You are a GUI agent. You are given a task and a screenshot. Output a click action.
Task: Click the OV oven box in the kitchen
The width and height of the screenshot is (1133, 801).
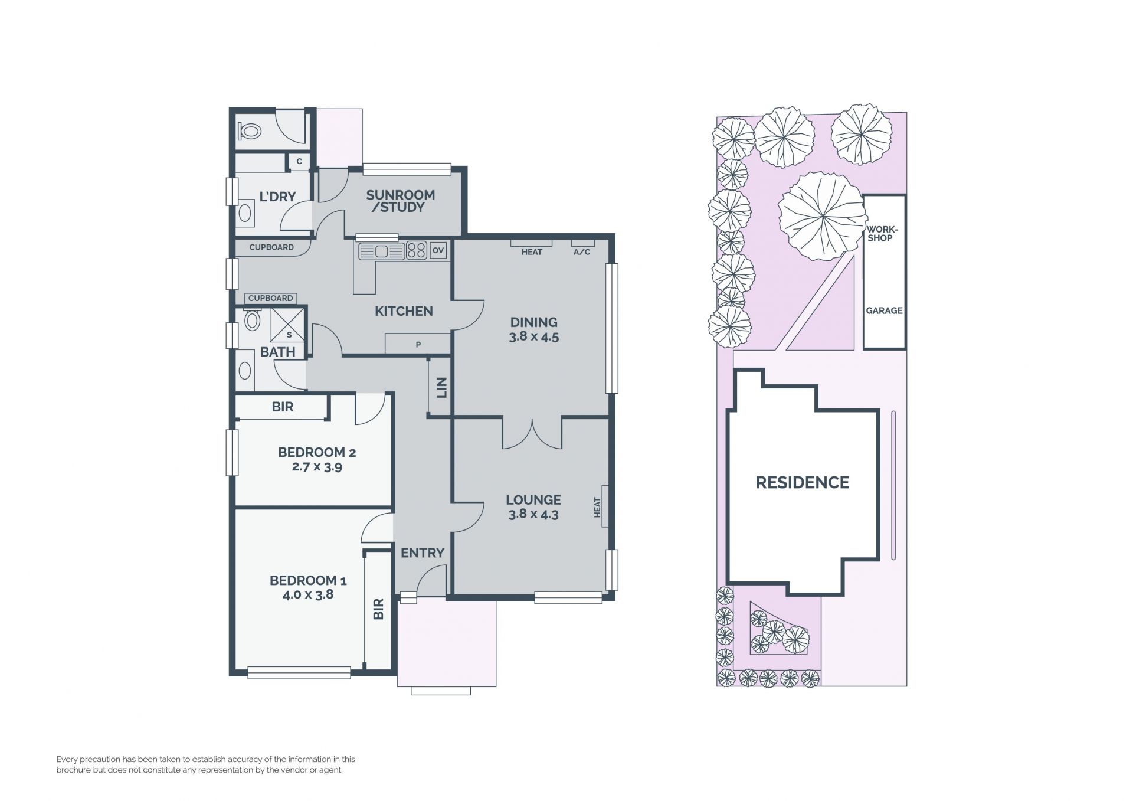438,250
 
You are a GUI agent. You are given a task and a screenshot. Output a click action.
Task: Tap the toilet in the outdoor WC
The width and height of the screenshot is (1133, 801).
250,130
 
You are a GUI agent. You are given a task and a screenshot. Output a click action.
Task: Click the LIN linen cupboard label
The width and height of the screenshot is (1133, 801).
441,387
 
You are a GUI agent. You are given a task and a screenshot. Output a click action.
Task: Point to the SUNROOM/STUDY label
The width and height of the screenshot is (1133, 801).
400,201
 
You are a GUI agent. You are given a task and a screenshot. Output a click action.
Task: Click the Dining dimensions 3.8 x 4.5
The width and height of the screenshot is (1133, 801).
533,337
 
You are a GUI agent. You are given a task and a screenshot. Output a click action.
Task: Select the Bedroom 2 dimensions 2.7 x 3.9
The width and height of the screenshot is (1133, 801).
317,467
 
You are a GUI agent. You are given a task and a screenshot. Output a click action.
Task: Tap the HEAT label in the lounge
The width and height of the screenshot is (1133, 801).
597,507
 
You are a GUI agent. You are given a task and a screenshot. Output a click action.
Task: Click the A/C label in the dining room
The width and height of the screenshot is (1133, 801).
582,252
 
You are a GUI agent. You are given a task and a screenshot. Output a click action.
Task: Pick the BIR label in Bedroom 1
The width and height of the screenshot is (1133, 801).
379,609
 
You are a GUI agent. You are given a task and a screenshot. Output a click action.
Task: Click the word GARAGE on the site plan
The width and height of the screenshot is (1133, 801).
884,310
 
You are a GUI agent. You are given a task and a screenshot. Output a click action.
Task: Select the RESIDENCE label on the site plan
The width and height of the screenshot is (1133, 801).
803,483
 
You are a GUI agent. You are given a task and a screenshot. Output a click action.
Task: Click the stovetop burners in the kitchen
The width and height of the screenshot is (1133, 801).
417,251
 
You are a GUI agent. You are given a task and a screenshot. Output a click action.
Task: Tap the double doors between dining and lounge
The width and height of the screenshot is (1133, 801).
532,433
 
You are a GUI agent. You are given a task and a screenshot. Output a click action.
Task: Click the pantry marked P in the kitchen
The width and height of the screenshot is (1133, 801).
418,344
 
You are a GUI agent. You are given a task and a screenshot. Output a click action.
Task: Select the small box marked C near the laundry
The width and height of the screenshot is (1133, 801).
299,161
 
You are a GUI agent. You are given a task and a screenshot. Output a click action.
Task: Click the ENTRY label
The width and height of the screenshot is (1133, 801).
423,553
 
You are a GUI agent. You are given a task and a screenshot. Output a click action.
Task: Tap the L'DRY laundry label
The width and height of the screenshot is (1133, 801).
277,197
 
